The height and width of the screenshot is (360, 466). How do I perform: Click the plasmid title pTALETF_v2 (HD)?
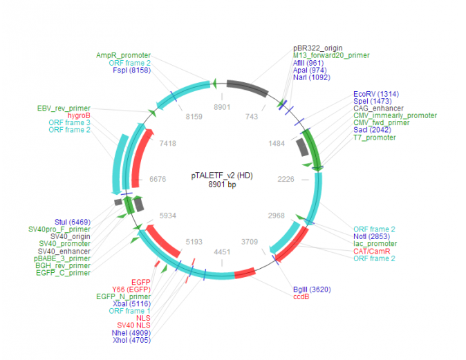tap(221, 176)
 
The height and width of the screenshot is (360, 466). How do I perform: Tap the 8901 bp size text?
tap(221, 184)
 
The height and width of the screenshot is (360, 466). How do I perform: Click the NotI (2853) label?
tap(373, 236)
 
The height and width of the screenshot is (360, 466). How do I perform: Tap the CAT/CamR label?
tap(373, 252)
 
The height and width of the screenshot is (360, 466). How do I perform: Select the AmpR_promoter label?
tap(123, 55)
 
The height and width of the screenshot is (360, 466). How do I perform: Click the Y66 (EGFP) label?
tap(131, 289)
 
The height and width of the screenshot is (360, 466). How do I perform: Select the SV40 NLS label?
tap(133, 325)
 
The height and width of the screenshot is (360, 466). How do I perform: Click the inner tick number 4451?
tap(221, 252)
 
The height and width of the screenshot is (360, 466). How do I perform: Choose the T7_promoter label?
tap(375, 138)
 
